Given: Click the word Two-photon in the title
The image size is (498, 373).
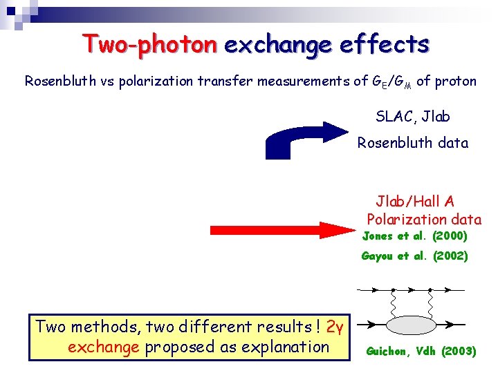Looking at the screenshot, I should pyautogui.click(x=149, y=45).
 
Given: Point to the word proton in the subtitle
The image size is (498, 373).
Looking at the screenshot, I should pyautogui.click(x=456, y=82).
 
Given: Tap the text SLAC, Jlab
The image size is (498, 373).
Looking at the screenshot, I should pyautogui.click(x=412, y=116).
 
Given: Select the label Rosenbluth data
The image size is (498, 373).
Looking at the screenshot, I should pyautogui.click(x=412, y=144).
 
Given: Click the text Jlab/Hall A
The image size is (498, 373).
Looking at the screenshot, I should pyautogui.click(x=415, y=202).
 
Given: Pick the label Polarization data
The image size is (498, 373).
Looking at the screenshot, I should pyautogui.click(x=424, y=220).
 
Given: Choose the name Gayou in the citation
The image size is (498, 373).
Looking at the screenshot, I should pyautogui.click(x=377, y=256).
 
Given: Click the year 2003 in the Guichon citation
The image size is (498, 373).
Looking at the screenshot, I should pyautogui.click(x=458, y=351).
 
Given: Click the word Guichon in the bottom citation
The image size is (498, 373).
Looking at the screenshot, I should pyautogui.click(x=389, y=351).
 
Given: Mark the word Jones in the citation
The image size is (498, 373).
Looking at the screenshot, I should pyautogui.click(x=377, y=236).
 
